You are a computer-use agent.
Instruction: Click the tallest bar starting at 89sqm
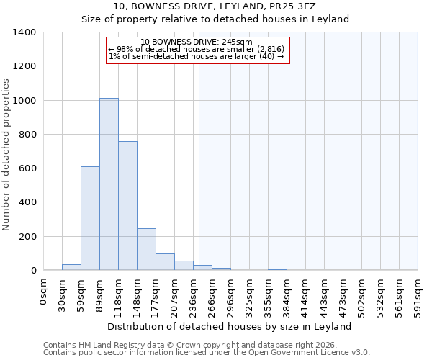[109, 184]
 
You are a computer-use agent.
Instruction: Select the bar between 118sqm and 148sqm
[127, 206]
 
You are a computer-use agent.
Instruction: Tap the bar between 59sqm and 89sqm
[90, 218]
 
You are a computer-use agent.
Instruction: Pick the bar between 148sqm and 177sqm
[146, 249]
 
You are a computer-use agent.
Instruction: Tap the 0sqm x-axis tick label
[44, 292]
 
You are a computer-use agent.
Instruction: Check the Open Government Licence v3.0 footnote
[207, 353]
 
